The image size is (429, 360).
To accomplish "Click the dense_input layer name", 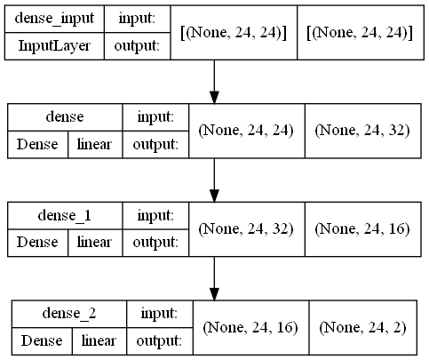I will (55, 17).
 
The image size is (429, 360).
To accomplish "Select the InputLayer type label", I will (55, 45).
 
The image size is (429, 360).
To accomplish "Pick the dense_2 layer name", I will (68, 312).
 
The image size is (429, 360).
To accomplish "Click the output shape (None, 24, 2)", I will (362, 327).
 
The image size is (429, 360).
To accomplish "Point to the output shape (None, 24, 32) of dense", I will (361, 130).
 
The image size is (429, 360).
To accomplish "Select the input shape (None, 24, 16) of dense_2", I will (250, 327).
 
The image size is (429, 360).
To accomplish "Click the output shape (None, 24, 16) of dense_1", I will (361, 228).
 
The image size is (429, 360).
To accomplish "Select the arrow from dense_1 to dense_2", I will (214, 279).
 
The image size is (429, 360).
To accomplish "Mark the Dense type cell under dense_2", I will (41, 340).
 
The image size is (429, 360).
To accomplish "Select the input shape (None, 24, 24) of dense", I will (246, 130).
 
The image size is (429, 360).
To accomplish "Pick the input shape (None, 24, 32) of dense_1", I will (246, 228).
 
